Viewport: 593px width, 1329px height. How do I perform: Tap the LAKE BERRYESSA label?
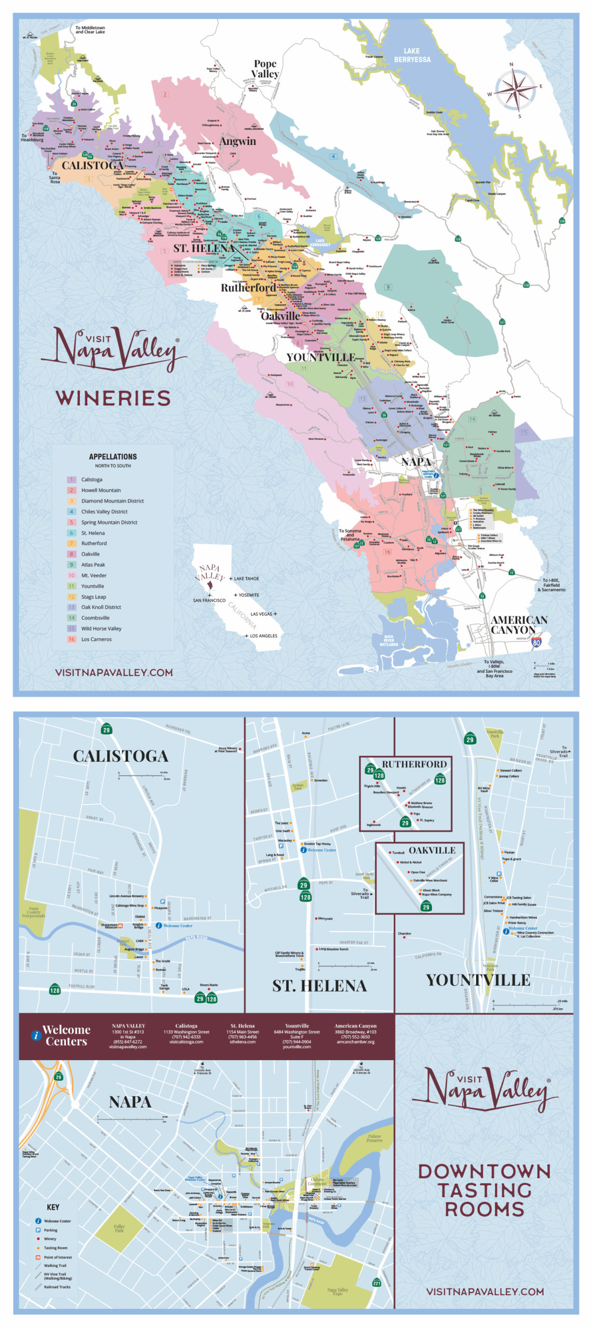pyautogui.click(x=412, y=56)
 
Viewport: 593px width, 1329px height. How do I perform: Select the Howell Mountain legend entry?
pyautogui.click(x=101, y=490)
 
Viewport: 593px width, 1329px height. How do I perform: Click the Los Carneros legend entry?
pyautogui.click(x=96, y=639)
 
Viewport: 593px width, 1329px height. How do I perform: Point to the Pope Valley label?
pyautogui.click(x=265, y=69)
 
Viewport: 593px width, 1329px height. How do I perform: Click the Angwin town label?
pyautogui.click(x=237, y=141)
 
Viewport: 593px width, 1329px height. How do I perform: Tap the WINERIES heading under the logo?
pyautogui.click(x=113, y=398)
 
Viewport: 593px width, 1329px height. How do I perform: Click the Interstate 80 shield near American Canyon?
pyautogui.click(x=536, y=643)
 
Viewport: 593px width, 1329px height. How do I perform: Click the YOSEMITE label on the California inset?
pyautogui.click(x=249, y=595)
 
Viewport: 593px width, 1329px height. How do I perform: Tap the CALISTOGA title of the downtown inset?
pyautogui.click(x=120, y=756)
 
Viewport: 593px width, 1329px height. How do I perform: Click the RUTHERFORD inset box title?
pyautogui.click(x=414, y=764)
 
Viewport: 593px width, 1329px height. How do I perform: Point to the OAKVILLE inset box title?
pyautogui.click(x=432, y=850)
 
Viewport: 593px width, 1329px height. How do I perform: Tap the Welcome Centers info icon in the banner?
pyautogui.click(x=36, y=1035)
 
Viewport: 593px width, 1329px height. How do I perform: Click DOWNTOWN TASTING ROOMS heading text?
pyautogui.click(x=484, y=1190)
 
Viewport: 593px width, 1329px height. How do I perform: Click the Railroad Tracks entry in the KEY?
pyautogui.click(x=57, y=1287)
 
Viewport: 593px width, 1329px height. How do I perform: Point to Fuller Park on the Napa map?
pyautogui.click(x=119, y=1228)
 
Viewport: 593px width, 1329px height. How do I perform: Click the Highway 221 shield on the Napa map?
pyautogui.click(x=376, y=1283)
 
